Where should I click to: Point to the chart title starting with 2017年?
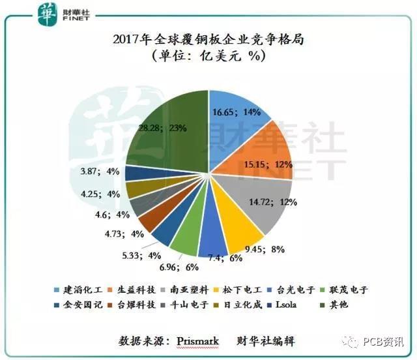point(208,40)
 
